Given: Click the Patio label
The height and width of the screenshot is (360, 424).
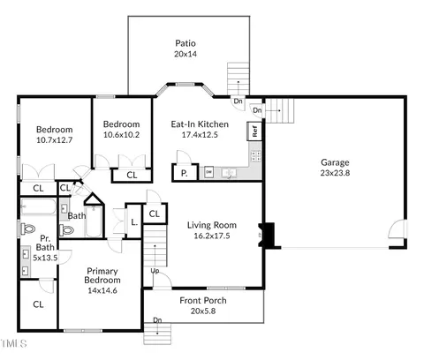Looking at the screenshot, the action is pyautogui.click(x=185, y=43).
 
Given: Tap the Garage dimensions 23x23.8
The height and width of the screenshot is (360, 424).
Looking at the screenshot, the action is pyautogui.click(x=335, y=173).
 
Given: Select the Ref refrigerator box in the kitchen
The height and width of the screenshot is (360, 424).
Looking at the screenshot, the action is pyautogui.click(x=254, y=131).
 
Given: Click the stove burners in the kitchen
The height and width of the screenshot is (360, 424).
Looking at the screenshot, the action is pyautogui.click(x=255, y=155).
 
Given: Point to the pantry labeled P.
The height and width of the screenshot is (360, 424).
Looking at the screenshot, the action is pyautogui.click(x=185, y=172).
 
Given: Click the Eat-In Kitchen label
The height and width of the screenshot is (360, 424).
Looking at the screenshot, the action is pyautogui.click(x=200, y=124).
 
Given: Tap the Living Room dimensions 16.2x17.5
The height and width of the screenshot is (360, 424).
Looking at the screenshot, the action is pyautogui.click(x=212, y=236).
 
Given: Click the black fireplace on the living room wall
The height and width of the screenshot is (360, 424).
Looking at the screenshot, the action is pyautogui.click(x=267, y=235).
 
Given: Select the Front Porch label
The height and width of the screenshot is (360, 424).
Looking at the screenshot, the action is pyautogui.click(x=203, y=300).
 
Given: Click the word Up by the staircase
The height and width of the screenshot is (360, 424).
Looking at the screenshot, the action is pyautogui.click(x=155, y=271).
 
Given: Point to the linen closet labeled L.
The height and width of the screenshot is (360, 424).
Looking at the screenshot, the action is pyautogui.click(x=134, y=221).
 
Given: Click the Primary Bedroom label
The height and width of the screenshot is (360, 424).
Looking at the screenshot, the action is pyautogui.click(x=102, y=275).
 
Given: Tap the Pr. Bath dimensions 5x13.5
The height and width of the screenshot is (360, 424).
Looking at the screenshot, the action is pyautogui.click(x=45, y=258).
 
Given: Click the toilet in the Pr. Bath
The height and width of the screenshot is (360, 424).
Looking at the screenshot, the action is pyautogui.click(x=28, y=229).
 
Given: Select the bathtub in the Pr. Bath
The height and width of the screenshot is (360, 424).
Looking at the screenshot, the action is pyautogui.click(x=38, y=206).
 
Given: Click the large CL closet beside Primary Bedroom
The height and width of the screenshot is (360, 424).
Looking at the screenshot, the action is pyautogui.click(x=38, y=304).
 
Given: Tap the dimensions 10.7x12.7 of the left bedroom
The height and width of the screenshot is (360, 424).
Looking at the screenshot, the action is pyautogui.click(x=54, y=140).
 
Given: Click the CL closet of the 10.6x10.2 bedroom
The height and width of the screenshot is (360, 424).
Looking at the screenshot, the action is pyautogui.click(x=132, y=176).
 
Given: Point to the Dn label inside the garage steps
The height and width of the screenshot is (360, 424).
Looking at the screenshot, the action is pyautogui.click(x=257, y=110).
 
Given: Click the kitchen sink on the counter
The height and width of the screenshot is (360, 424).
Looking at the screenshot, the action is pyautogui.click(x=229, y=172).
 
